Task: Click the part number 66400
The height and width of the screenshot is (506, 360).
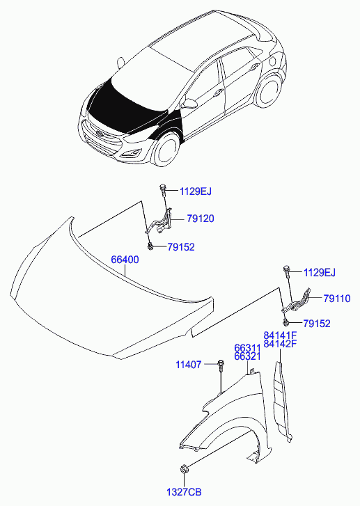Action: click(125, 260)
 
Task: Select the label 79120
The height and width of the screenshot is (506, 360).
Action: click(200, 219)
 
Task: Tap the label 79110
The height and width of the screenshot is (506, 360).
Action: click(336, 298)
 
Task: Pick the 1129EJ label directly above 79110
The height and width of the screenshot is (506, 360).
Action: click(320, 271)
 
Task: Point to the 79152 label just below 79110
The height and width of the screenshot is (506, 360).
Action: click(316, 324)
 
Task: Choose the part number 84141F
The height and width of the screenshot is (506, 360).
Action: click(280, 335)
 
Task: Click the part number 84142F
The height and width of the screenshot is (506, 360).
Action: click(280, 344)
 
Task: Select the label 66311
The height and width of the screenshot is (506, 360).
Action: click(247, 347)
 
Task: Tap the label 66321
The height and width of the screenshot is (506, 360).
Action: click(247, 356)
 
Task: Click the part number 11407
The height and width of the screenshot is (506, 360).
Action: click(189, 364)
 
